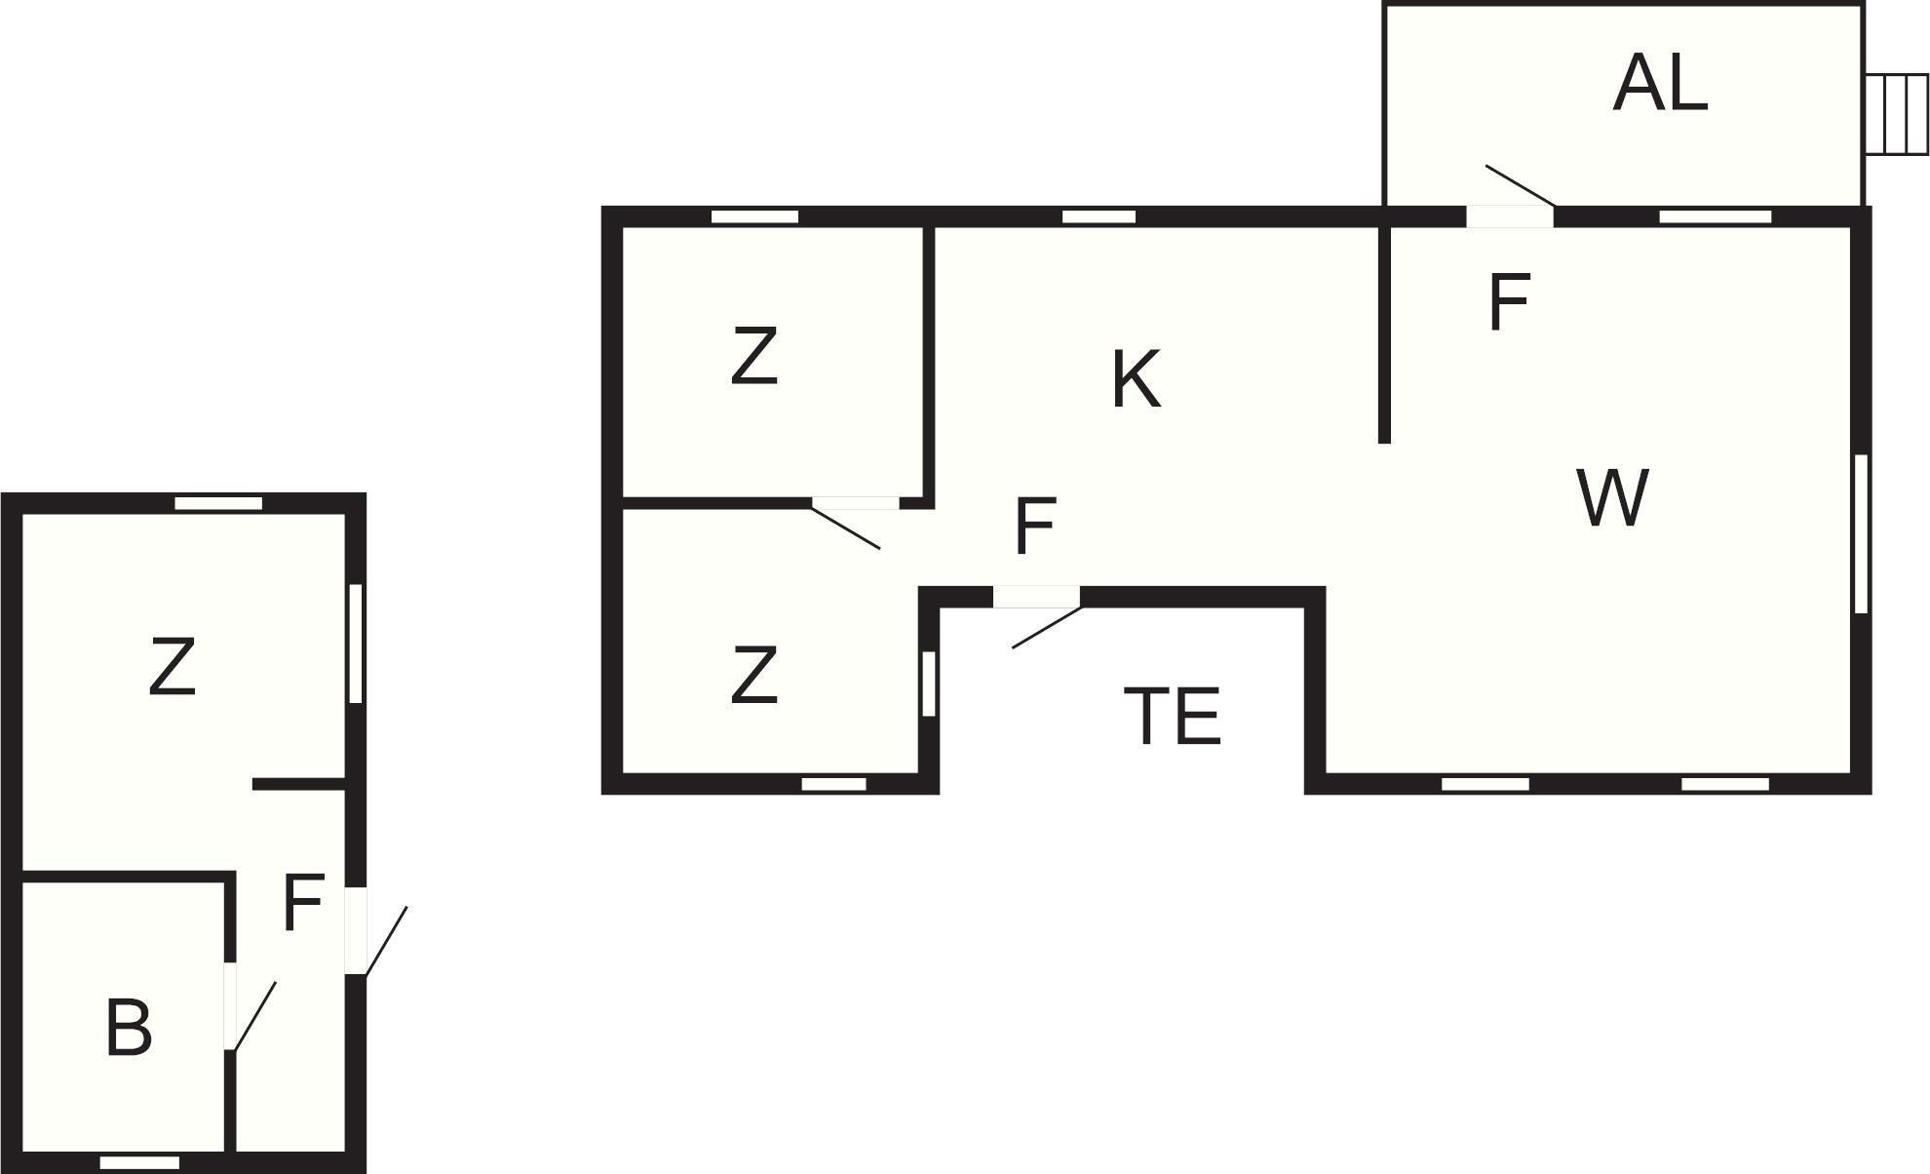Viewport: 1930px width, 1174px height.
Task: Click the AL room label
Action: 1660,84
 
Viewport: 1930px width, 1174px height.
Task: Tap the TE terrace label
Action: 1173,717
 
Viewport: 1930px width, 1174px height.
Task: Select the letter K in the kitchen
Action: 1137,379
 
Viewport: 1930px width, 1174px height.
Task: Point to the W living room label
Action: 1612,498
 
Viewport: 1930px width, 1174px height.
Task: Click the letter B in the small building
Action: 129,1028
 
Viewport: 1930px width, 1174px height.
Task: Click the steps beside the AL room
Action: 1897,115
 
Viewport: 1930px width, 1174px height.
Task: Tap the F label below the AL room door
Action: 1510,302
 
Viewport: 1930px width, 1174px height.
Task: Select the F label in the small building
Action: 303,903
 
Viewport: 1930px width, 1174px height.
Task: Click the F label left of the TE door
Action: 1035,526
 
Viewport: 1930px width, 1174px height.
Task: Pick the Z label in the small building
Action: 173,667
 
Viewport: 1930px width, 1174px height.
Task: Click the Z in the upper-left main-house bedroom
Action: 754,356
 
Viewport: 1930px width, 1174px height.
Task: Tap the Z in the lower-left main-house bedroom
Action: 754,675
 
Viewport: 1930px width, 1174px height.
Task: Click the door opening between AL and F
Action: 1510,215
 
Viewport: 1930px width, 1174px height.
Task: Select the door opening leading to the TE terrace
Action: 1036,597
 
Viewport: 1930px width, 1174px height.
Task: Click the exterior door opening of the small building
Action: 356,930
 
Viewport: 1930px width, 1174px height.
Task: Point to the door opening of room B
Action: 231,1005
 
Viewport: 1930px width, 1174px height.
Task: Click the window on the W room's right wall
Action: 1861,533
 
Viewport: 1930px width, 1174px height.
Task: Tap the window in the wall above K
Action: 1099,216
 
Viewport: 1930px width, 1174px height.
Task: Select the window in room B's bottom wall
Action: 139,1163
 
